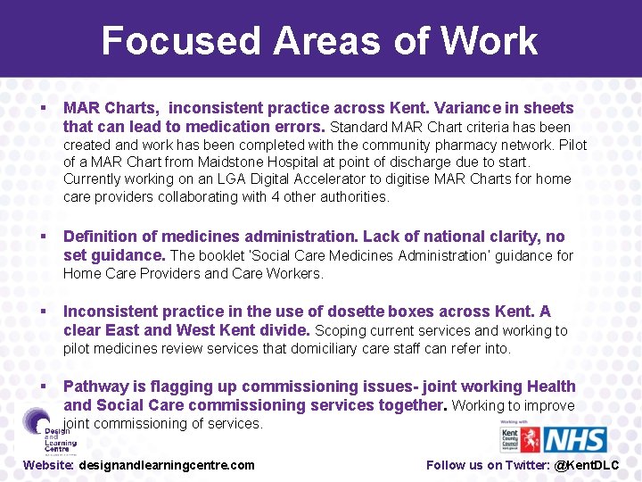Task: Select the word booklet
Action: click(x=224, y=256)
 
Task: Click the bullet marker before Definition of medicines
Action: click(x=43, y=237)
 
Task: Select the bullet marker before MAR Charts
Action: click(x=43, y=108)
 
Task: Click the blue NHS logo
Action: click(x=575, y=439)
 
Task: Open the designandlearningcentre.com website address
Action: click(x=167, y=465)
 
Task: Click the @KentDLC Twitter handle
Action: click(x=587, y=465)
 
